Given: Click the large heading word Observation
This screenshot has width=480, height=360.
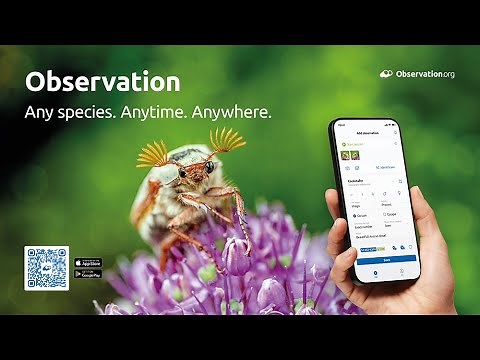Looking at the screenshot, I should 102,82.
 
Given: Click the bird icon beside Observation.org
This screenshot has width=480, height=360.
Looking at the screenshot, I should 387,74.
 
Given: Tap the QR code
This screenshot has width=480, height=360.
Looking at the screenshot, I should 46,268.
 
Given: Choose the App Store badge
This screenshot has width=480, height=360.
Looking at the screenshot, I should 87,263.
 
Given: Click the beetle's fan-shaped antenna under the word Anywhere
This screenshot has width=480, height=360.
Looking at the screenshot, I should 228,140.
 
